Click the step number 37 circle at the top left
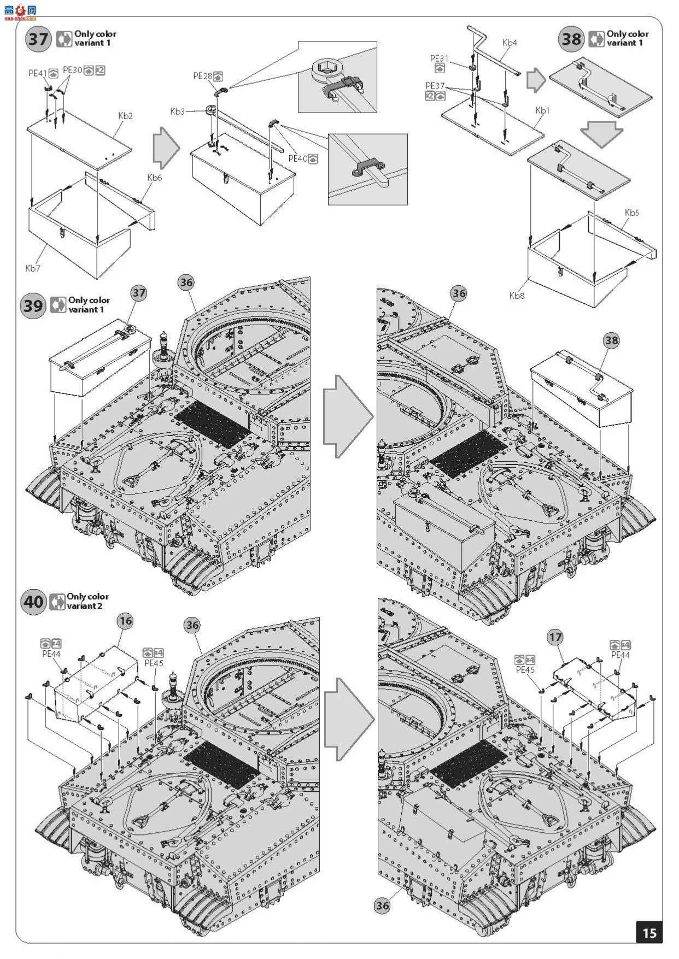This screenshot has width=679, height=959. click(39, 39)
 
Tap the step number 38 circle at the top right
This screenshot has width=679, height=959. click(571, 39)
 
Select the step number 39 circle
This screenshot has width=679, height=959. click(33, 305)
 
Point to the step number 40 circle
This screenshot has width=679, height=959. click(33, 602)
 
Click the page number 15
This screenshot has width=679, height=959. click(649, 932)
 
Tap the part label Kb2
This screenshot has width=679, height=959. click(125, 116)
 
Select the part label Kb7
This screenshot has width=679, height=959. click(32, 268)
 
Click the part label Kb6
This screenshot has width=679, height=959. click(155, 178)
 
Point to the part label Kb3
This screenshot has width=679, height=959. click(177, 111)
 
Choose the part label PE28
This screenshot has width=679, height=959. click(202, 76)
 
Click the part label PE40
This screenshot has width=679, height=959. click(298, 158)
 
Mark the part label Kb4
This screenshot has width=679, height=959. click(509, 42)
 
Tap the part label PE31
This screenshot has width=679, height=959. click(439, 58)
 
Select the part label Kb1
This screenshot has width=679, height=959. click(542, 110)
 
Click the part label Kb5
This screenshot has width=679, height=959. click(631, 213)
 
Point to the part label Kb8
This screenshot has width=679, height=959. click(517, 296)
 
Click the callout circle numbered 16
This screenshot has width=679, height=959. click(126, 621)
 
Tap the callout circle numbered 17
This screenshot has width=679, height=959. click(555, 637)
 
